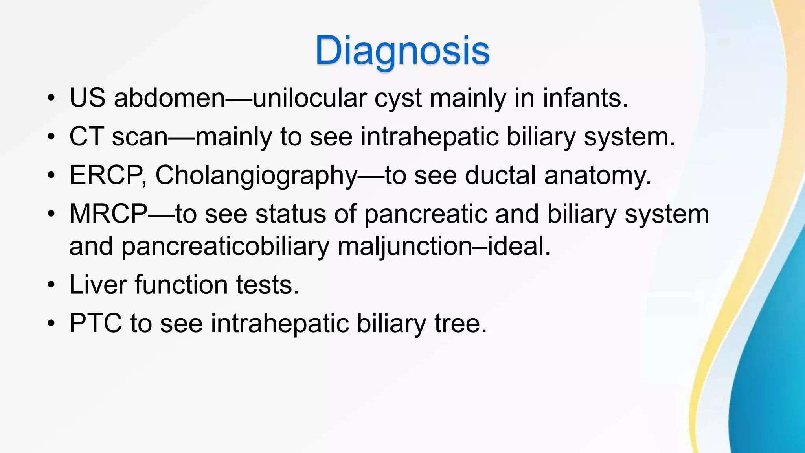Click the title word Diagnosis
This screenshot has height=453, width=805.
[402, 50]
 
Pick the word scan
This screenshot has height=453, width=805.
[140, 137]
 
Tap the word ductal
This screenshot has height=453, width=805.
[500, 175]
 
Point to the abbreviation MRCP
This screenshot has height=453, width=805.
[108, 214]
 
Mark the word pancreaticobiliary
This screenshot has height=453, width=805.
[225, 247]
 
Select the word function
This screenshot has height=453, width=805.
[181, 284]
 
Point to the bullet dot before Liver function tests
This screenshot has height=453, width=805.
[51, 285]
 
